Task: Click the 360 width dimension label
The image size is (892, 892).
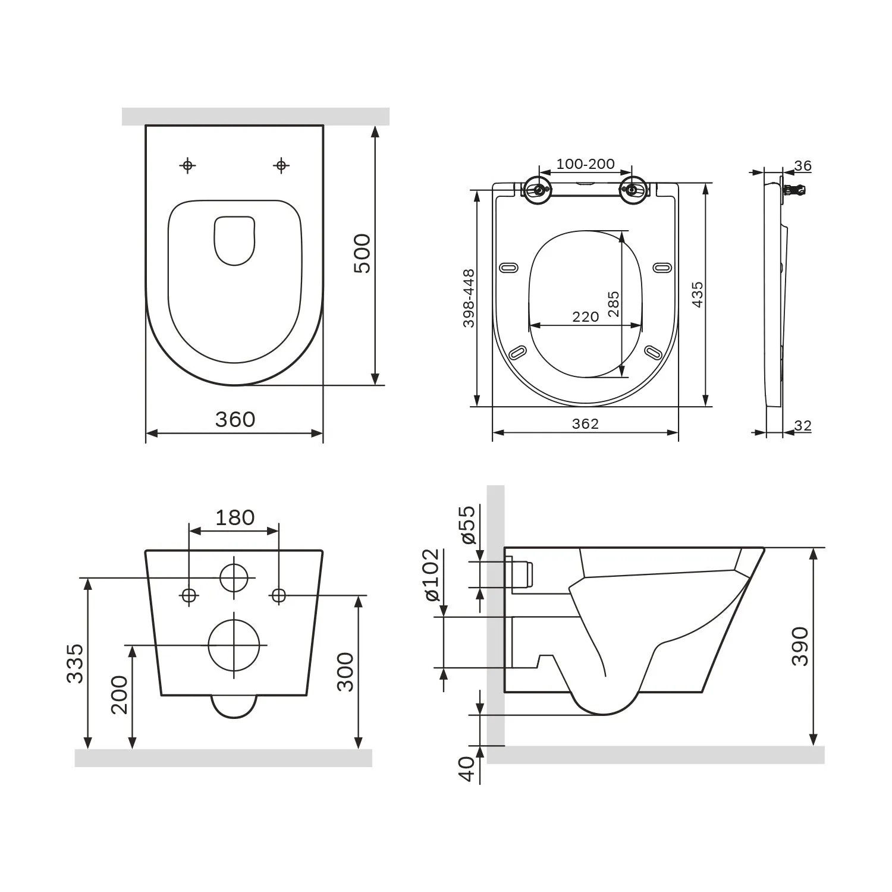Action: click(235, 419)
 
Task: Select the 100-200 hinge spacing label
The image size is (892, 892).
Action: click(585, 164)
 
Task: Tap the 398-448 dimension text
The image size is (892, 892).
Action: click(469, 299)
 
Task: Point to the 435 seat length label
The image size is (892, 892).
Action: click(698, 294)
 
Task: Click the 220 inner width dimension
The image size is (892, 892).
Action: click(585, 317)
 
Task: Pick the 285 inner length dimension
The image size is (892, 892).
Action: click(613, 303)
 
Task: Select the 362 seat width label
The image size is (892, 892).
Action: click(585, 423)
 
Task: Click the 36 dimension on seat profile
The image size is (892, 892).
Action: click(802, 166)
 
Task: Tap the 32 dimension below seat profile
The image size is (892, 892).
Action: click(802, 426)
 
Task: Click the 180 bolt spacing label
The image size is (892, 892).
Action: click(235, 518)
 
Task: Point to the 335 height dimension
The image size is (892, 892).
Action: click(75, 663)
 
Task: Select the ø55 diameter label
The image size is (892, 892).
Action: click(469, 524)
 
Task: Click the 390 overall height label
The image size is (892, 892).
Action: click(800, 646)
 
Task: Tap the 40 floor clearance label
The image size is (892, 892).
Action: click(468, 769)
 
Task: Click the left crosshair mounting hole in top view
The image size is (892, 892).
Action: click(187, 165)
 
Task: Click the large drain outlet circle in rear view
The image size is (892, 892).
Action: click(234, 645)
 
